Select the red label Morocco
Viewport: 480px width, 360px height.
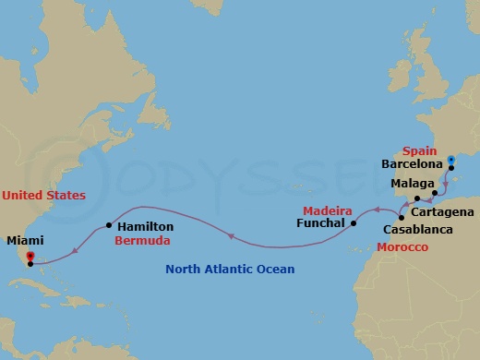pyautogui.click(x=402, y=247)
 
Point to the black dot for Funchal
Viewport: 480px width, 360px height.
pyautogui.click(x=354, y=222)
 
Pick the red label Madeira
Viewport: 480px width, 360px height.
pyautogui.click(x=328, y=210)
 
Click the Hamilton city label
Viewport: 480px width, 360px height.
pyautogui.click(x=144, y=225)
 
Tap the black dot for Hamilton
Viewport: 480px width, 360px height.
pyautogui.click(x=109, y=224)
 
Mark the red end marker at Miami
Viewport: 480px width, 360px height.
pyautogui.click(x=30, y=256)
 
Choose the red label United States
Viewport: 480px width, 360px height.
pyautogui.click(x=43, y=196)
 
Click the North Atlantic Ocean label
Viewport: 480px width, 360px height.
pyautogui.click(x=230, y=270)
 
